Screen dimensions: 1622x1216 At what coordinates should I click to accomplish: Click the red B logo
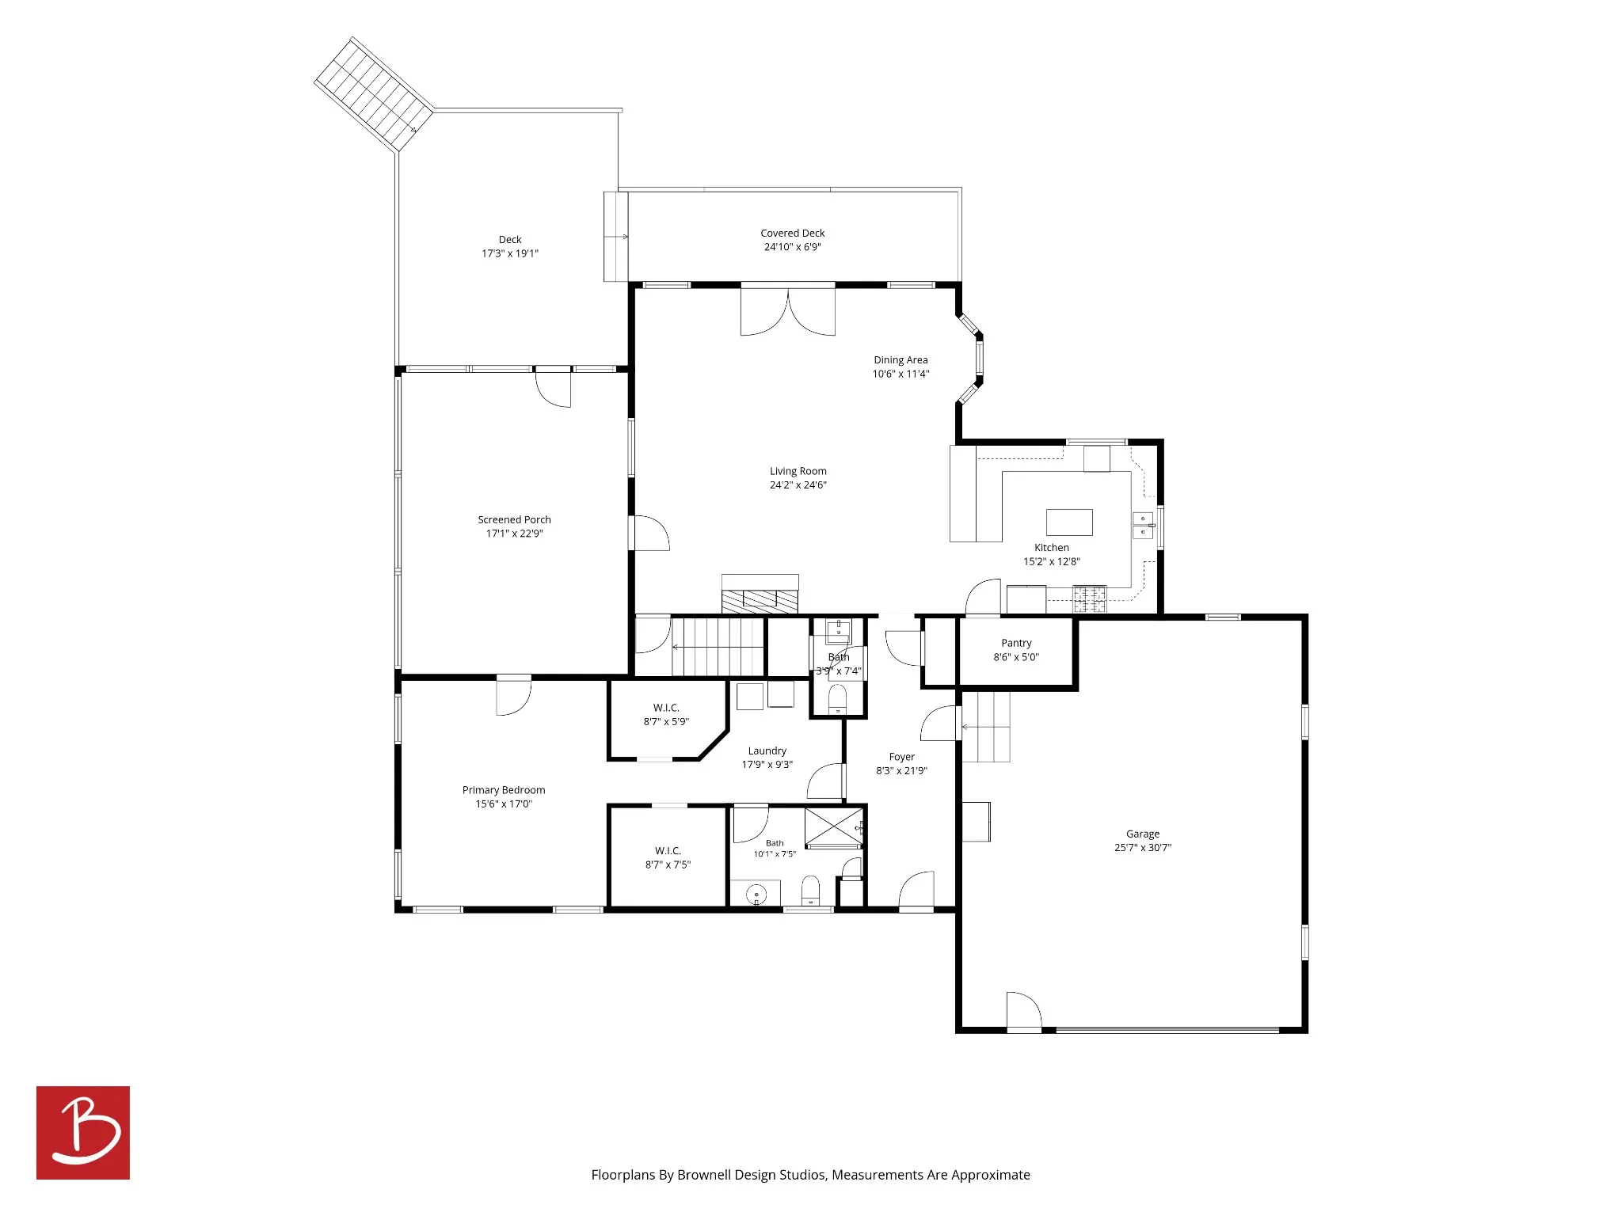coord(83,1132)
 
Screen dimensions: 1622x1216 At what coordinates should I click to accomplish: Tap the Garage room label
coord(1142,834)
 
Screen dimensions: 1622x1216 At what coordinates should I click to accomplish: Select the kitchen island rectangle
coord(1069,522)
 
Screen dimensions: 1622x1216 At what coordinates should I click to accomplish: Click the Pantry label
coord(1016,643)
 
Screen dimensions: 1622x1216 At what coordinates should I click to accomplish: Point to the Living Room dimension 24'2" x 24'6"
coord(798,485)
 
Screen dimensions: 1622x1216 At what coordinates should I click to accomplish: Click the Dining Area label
coord(900,359)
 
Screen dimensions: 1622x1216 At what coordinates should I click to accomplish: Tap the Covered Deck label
coord(793,233)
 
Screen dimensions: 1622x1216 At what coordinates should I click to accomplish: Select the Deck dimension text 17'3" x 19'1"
coord(510,253)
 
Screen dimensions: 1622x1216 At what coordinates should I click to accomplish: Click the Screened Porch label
coord(514,519)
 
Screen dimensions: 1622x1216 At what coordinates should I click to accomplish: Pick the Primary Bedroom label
coord(504,790)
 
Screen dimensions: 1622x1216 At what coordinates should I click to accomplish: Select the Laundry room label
coord(767,750)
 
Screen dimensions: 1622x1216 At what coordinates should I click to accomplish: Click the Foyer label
coord(901,757)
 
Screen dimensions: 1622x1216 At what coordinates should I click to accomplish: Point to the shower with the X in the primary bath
coord(834,827)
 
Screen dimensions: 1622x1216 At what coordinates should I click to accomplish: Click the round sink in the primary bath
coord(756,895)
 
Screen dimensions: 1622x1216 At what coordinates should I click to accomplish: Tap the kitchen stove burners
coord(1090,599)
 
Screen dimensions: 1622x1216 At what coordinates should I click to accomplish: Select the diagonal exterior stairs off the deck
coord(374,94)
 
